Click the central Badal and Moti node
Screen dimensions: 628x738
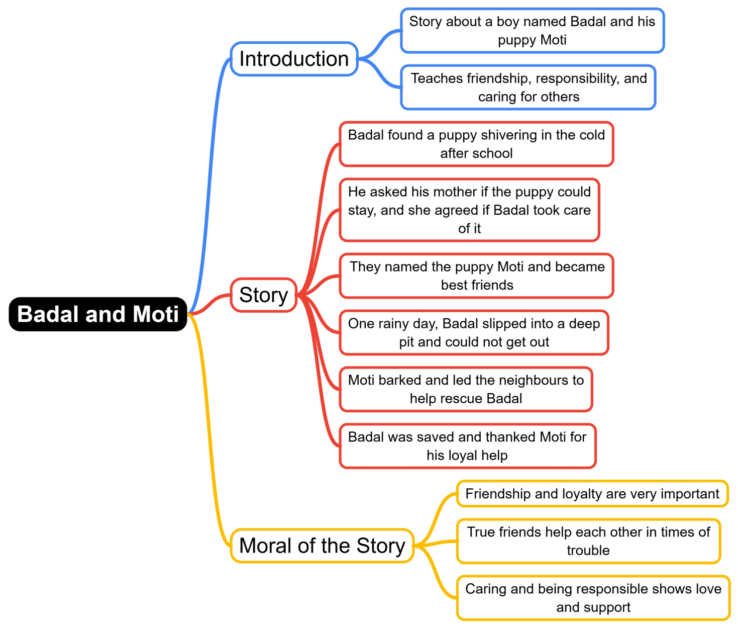(x=98, y=314)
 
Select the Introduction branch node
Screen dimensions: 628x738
(x=294, y=59)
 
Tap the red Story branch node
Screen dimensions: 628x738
(x=263, y=295)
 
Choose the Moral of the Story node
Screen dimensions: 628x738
(x=322, y=546)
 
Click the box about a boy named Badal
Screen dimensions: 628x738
(x=532, y=31)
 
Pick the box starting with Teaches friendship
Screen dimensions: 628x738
(x=529, y=87)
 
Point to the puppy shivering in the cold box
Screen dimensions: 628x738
(x=476, y=144)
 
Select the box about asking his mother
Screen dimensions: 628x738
(x=469, y=210)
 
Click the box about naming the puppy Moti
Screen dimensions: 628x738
(x=476, y=276)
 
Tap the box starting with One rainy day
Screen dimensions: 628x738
(x=474, y=332)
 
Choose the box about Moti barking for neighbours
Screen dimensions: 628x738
(x=466, y=389)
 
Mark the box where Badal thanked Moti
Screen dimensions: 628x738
(x=467, y=446)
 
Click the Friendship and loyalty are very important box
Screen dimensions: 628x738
(x=592, y=494)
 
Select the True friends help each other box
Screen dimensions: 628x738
(x=588, y=541)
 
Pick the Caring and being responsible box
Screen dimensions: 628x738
(x=593, y=598)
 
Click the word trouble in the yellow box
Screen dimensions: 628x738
(x=588, y=551)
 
